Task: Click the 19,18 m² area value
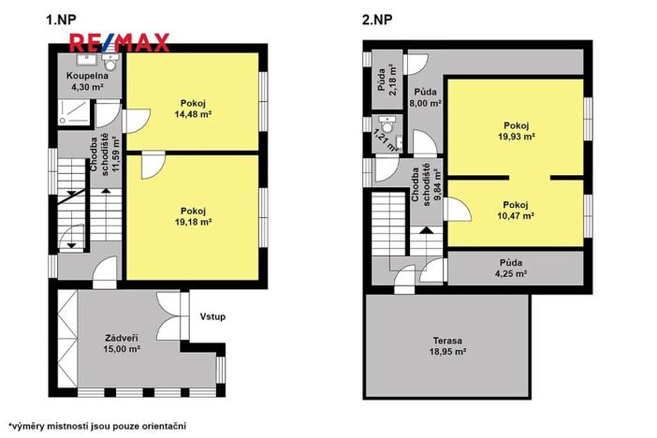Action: point(194,223)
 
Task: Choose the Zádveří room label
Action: point(122,338)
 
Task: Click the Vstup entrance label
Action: point(212,316)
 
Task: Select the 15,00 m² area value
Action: point(122,349)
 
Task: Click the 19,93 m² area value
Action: point(516,137)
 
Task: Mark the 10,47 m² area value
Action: point(516,216)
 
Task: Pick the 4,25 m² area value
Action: point(510,274)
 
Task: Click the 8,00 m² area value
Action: point(426,105)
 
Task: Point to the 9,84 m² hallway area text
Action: point(436,184)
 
